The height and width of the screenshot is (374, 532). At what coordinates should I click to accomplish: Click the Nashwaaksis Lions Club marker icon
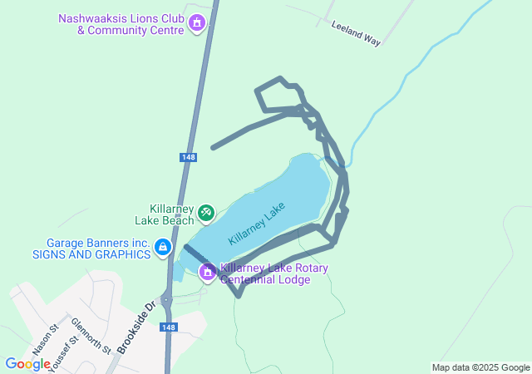click(x=196, y=22)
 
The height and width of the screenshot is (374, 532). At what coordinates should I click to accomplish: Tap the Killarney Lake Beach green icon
click(x=205, y=214)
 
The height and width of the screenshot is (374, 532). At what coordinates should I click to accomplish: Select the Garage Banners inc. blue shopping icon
click(x=163, y=248)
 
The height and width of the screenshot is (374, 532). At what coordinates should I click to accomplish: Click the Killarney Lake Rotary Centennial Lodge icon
click(x=208, y=271)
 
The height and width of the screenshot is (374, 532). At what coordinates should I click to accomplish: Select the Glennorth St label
click(x=90, y=336)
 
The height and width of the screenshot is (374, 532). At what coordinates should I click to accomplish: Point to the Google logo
click(x=27, y=364)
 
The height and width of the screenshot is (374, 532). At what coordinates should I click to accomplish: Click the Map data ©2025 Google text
click(x=480, y=367)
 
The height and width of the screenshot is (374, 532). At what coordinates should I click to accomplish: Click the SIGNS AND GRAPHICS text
click(x=91, y=254)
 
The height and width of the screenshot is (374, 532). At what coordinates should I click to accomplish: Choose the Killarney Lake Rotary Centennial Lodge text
click(x=274, y=274)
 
